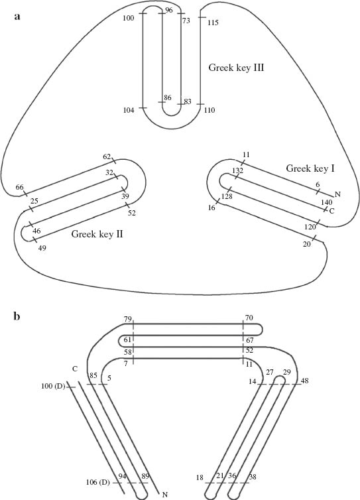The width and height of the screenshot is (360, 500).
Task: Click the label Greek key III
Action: (x=237, y=67)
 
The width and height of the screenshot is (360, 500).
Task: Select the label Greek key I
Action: (x=310, y=169)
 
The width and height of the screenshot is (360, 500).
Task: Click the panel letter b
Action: (x=18, y=316)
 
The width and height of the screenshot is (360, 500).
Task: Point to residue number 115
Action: (x=213, y=23)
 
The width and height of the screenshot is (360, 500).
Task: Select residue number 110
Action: (x=210, y=109)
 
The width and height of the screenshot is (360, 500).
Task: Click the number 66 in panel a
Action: (x=19, y=188)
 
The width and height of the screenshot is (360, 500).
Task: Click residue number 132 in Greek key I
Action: (x=237, y=171)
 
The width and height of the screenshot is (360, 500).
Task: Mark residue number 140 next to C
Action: (x=326, y=202)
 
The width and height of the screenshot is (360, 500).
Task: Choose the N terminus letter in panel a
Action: (x=338, y=194)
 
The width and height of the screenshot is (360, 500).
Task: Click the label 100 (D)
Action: (x=53, y=385)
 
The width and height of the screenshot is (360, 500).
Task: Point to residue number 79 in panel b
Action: (x=127, y=319)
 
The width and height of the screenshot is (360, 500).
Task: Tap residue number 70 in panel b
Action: (x=249, y=319)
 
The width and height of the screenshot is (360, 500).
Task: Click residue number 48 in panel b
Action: (x=304, y=381)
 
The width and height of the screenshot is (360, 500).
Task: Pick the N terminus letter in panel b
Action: (x=165, y=494)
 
